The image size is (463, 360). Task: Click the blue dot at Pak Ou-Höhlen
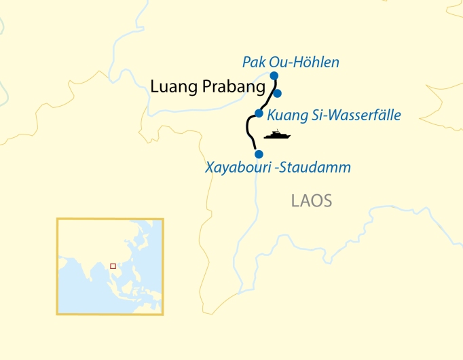click(274, 75)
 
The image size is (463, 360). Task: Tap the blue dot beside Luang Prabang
click(277, 93)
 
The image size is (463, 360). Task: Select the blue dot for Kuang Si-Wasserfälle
click(259, 113)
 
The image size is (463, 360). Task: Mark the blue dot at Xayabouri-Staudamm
click(258, 154)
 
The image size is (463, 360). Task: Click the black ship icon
click(277, 134)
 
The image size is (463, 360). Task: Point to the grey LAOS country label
click(312, 201)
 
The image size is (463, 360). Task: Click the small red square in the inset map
click(113, 266)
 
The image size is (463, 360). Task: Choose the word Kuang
click(285, 115)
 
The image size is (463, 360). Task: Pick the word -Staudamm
click(314, 167)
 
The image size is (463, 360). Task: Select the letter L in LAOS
click(295, 201)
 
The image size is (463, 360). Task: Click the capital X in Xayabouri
click(210, 167)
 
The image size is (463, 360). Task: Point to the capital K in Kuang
click(272, 115)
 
